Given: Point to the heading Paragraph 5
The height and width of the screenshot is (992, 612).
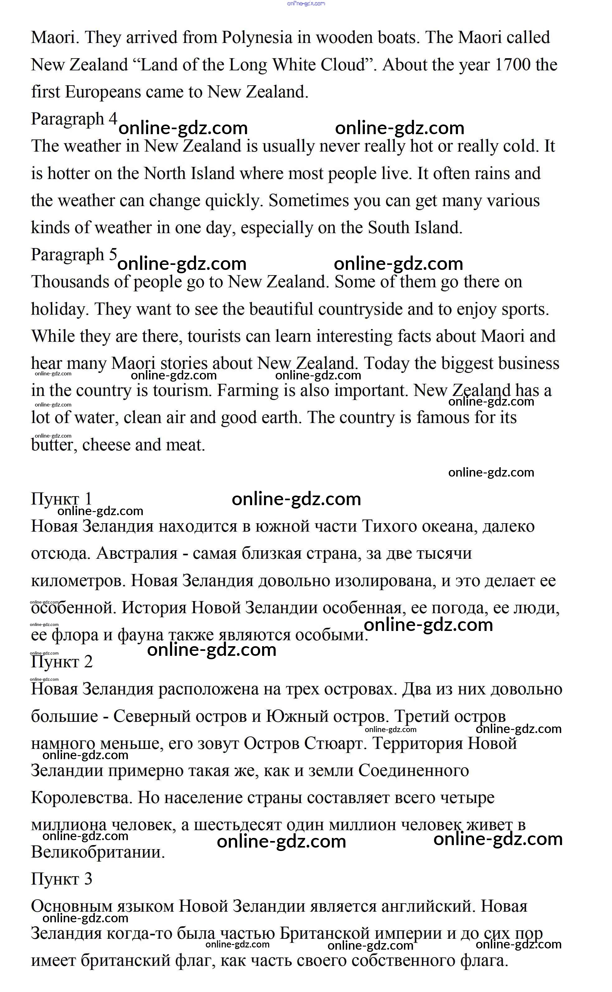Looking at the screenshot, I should coord(74,255).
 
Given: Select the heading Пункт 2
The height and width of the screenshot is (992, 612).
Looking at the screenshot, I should coord(62,662).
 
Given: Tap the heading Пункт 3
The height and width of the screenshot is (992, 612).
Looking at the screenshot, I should coord(62,879).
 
